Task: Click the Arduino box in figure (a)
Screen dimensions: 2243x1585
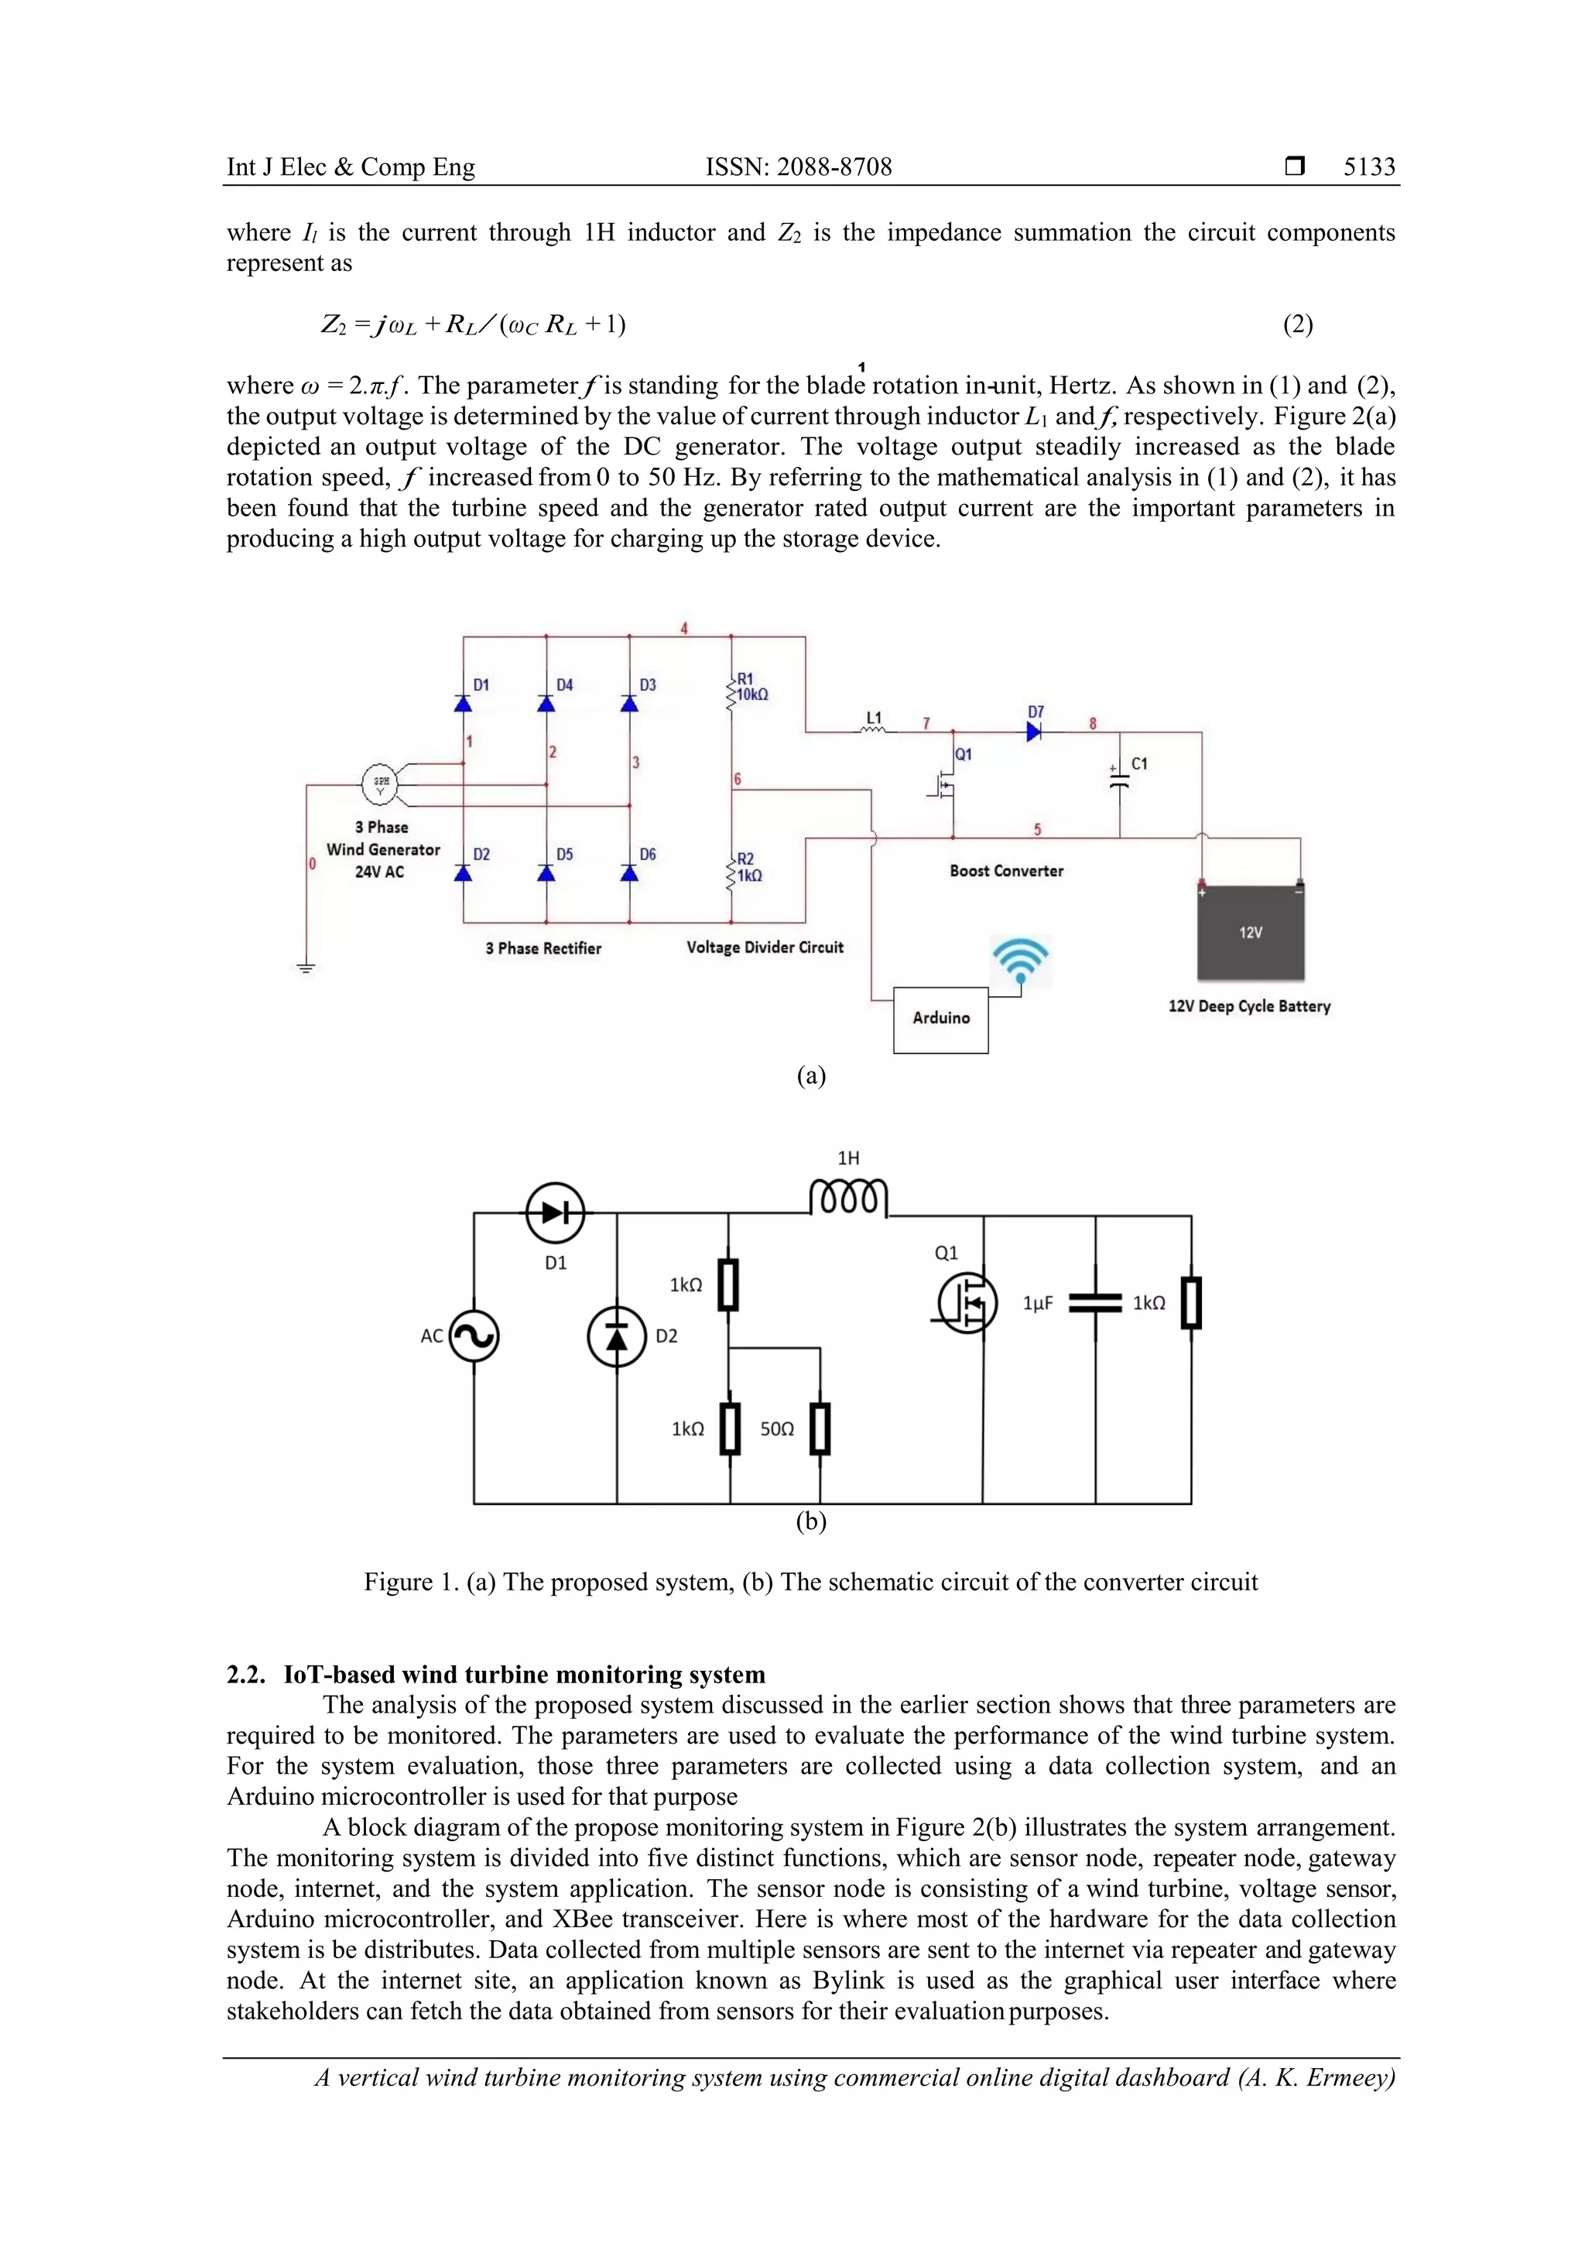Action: pos(940,1019)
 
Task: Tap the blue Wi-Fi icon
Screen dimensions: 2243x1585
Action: pos(1021,959)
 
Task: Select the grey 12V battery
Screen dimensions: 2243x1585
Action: pos(1251,933)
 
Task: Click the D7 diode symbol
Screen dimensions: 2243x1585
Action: pos(1034,732)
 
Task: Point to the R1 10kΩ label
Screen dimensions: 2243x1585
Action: pos(751,687)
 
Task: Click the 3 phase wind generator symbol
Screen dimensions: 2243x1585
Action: pos(381,783)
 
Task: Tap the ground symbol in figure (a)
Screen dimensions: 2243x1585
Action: pos(306,967)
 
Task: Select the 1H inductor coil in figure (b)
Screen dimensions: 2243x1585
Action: pos(847,1197)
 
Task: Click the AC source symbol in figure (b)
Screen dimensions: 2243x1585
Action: pos(474,1336)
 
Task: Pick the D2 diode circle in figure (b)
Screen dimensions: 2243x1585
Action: pos(617,1336)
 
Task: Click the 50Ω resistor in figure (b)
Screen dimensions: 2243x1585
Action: pos(820,1428)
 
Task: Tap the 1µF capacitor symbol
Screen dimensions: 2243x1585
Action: pos(1095,1303)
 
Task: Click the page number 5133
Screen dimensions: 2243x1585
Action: pos(1369,167)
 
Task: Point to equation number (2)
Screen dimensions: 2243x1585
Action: pos(1297,324)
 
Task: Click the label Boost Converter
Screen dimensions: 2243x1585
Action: pos(1006,870)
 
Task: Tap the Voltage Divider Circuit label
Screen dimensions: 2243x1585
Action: pos(765,947)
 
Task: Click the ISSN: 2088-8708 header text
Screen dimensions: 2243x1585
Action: pos(798,167)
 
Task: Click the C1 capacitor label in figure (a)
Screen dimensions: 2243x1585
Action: pos(1138,764)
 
